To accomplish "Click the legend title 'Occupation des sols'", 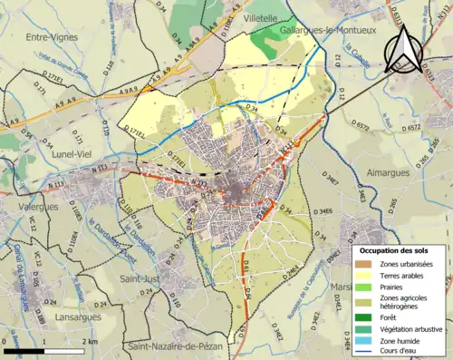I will pos(396,249).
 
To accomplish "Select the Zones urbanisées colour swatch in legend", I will pos(366,264).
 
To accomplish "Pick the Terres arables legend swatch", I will pos(366,276).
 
